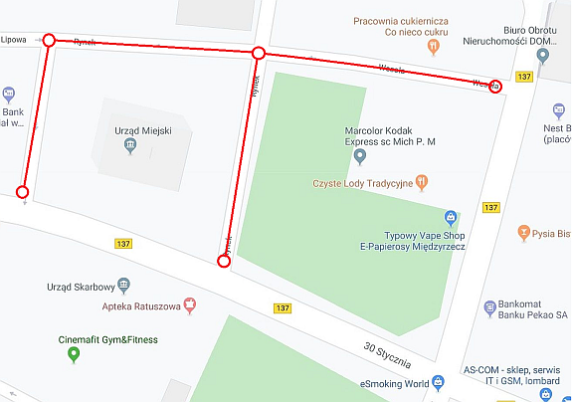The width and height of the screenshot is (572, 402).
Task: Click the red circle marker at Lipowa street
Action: [49, 40]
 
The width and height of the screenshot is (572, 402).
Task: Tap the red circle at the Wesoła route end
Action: [495, 88]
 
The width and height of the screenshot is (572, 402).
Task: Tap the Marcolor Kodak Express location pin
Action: [360, 156]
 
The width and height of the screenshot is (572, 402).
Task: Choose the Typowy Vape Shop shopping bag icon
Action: [450, 216]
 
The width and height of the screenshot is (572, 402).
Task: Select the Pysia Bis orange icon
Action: [525, 234]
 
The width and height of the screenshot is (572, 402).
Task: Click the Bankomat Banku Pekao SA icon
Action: [489, 308]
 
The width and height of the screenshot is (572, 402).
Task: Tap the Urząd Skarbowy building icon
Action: [123, 283]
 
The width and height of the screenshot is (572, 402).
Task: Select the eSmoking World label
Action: [395, 383]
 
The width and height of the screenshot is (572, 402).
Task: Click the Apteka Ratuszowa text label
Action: [140, 306]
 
